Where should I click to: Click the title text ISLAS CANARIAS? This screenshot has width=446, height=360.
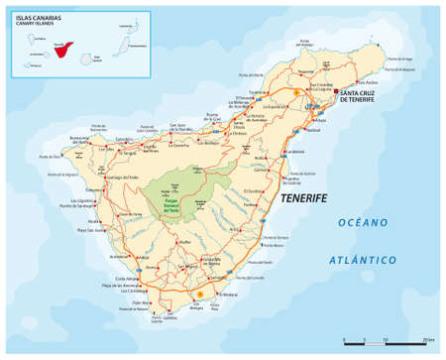point(32,17)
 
